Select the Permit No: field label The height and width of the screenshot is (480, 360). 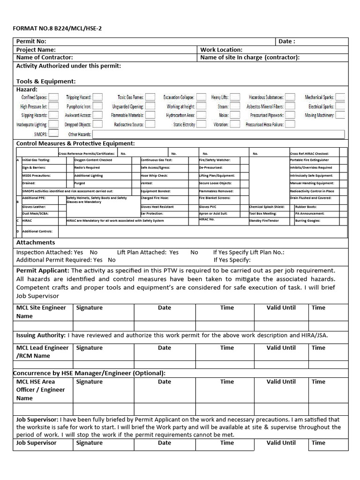(31, 41)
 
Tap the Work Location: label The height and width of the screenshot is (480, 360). (221, 50)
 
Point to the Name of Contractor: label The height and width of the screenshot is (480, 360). (45, 58)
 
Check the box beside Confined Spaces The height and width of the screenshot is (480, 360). (53, 97)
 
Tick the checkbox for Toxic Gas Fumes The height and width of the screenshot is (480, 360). (150, 97)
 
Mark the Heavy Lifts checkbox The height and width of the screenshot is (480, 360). (235, 97)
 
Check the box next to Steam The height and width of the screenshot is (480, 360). (235, 106)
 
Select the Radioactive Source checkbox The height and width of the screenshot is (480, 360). (150, 124)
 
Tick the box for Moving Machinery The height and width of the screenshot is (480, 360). (340, 115)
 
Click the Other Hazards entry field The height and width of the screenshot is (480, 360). (218, 134)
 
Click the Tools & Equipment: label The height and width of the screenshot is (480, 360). (46, 81)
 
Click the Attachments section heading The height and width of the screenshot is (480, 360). (36, 242)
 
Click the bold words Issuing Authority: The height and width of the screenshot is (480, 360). (41, 336)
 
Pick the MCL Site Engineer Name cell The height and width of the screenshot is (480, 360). (41, 312)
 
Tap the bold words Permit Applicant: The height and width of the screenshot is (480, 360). (43, 270)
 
